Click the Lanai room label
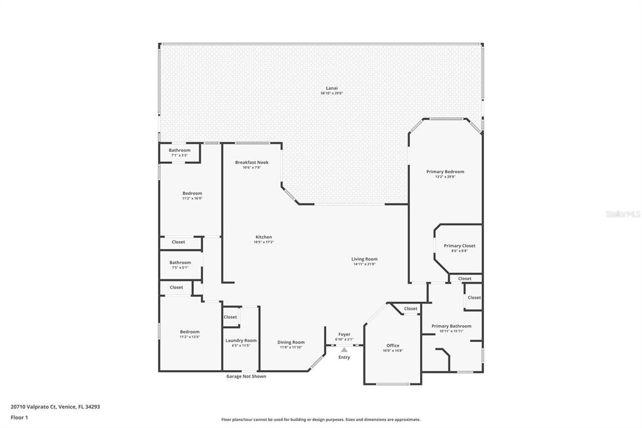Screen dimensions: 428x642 (332, 88)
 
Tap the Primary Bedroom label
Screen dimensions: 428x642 (445, 171)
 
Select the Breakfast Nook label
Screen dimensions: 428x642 (251, 162)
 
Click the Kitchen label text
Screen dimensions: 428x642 (263, 237)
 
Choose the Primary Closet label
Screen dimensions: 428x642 (459, 245)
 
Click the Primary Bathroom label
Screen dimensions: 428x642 (451, 326)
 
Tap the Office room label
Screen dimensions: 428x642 (392, 345)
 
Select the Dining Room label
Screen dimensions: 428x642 (291, 342)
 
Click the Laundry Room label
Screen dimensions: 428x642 (241, 340)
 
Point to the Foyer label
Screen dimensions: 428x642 (344, 334)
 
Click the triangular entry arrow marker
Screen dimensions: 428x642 (344, 350)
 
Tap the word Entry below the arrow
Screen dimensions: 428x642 (344, 357)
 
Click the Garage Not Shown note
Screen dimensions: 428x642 (246, 377)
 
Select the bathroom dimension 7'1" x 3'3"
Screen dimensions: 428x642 (180, 155)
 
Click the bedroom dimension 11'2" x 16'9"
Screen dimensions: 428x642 (192, 198)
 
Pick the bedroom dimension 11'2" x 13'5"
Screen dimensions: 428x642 (189, 337)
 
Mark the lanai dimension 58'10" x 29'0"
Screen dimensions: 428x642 (332, 94)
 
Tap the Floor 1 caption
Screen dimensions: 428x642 (19, 417)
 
